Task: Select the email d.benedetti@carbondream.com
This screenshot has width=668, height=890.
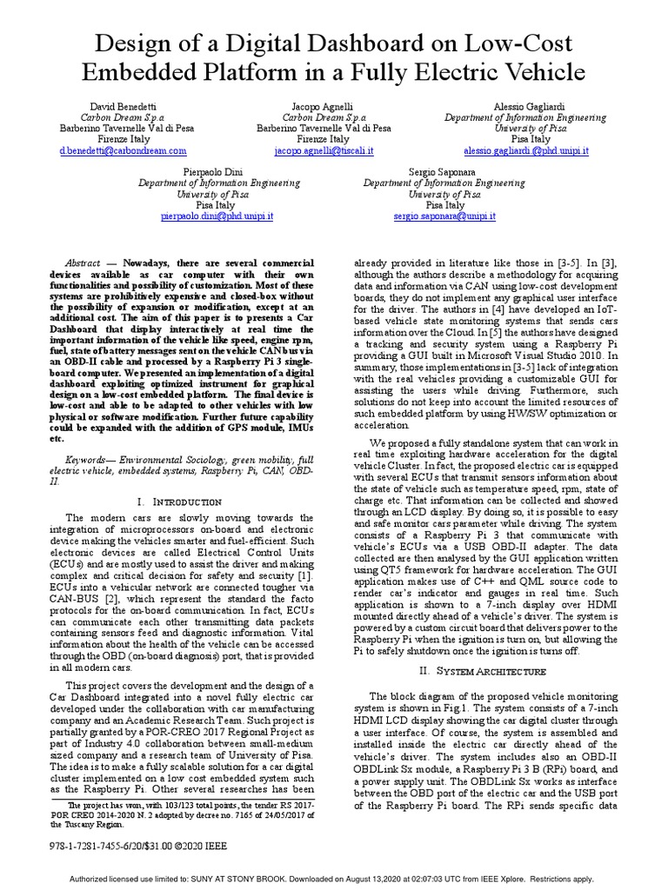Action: [x=123, y=150]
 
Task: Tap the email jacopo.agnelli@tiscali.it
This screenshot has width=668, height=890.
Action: [x=324, y=150]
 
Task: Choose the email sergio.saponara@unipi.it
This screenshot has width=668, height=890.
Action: [x=444, y=216]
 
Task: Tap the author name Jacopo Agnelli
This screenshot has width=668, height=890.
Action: [x=324, y=103]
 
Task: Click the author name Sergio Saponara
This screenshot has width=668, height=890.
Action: [x=444, y=172]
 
